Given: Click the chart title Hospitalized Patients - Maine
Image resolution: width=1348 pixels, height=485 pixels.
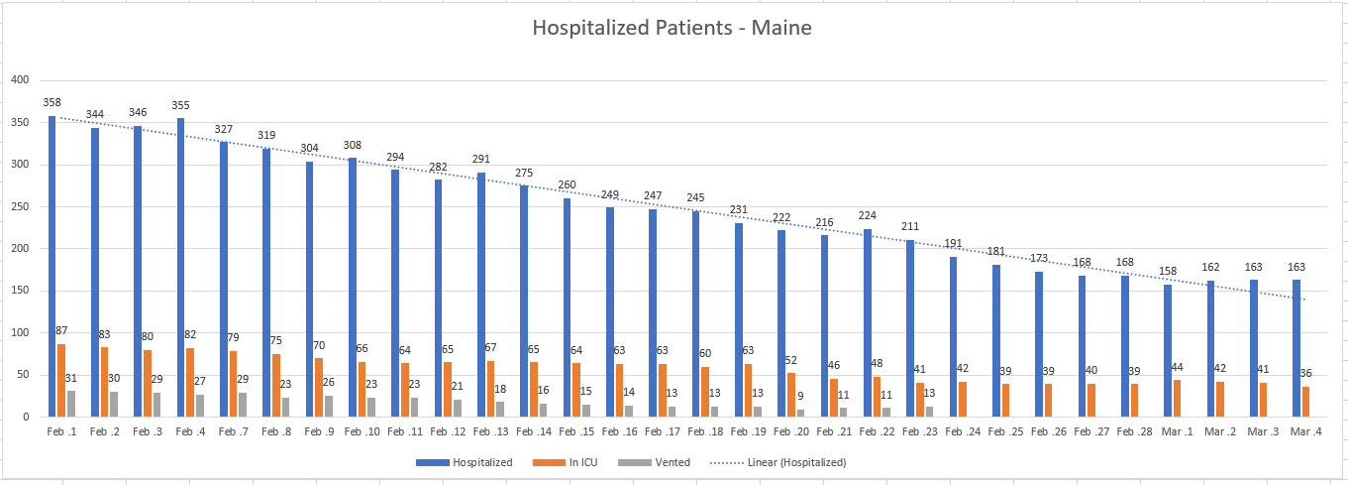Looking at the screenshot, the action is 672,28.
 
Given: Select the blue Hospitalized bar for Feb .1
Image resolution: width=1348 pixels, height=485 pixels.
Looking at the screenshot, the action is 52,266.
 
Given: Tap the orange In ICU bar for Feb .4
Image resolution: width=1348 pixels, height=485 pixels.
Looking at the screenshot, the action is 190,383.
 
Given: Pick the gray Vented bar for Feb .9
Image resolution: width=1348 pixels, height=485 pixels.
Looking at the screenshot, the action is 329,406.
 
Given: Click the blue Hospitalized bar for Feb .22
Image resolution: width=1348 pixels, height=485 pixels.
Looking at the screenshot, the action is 868,323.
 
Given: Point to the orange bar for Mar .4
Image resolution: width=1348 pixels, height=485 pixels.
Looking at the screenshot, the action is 1305,402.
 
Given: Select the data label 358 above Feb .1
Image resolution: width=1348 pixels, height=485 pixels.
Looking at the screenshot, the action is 52,102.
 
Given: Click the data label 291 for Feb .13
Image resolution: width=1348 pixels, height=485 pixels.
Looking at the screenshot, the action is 480,159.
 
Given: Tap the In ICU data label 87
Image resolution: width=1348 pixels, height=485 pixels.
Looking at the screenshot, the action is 61,330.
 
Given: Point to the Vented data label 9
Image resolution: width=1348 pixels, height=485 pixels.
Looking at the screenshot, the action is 800,396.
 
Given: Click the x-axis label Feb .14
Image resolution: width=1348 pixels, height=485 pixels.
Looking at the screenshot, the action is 534,431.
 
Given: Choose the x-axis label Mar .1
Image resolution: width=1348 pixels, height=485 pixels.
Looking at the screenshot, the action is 1177,431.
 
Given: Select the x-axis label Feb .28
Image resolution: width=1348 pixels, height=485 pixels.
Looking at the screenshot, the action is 1134,431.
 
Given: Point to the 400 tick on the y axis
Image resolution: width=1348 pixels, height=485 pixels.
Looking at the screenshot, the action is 21,80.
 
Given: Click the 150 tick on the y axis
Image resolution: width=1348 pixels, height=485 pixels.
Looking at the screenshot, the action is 21,291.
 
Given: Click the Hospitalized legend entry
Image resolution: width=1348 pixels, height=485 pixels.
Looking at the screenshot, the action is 464,463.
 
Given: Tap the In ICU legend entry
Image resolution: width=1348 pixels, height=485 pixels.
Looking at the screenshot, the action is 566,463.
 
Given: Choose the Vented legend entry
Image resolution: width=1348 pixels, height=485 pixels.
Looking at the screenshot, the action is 654,463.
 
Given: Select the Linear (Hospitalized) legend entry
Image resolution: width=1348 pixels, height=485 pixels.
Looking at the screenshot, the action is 778,463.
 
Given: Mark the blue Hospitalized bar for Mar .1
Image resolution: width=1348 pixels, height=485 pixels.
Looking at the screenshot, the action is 1168,351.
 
